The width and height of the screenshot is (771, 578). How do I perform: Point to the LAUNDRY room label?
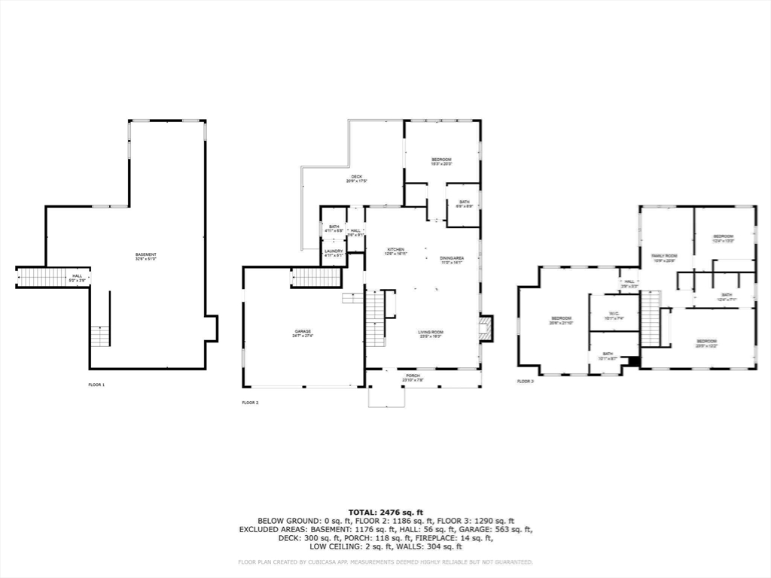[334, 253]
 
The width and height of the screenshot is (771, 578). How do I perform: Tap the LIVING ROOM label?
[431, 333]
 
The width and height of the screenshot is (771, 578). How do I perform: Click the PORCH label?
[413, 377]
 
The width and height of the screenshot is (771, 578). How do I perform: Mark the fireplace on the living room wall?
[486, 328]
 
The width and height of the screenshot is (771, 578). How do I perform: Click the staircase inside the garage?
[316, 277]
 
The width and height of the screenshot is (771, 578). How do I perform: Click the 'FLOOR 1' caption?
[96, 385]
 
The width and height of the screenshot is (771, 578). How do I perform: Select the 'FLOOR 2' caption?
[250, 403]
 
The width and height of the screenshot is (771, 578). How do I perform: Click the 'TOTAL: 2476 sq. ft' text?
[385, 512]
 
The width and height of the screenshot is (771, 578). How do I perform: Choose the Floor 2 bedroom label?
[441, 161]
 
